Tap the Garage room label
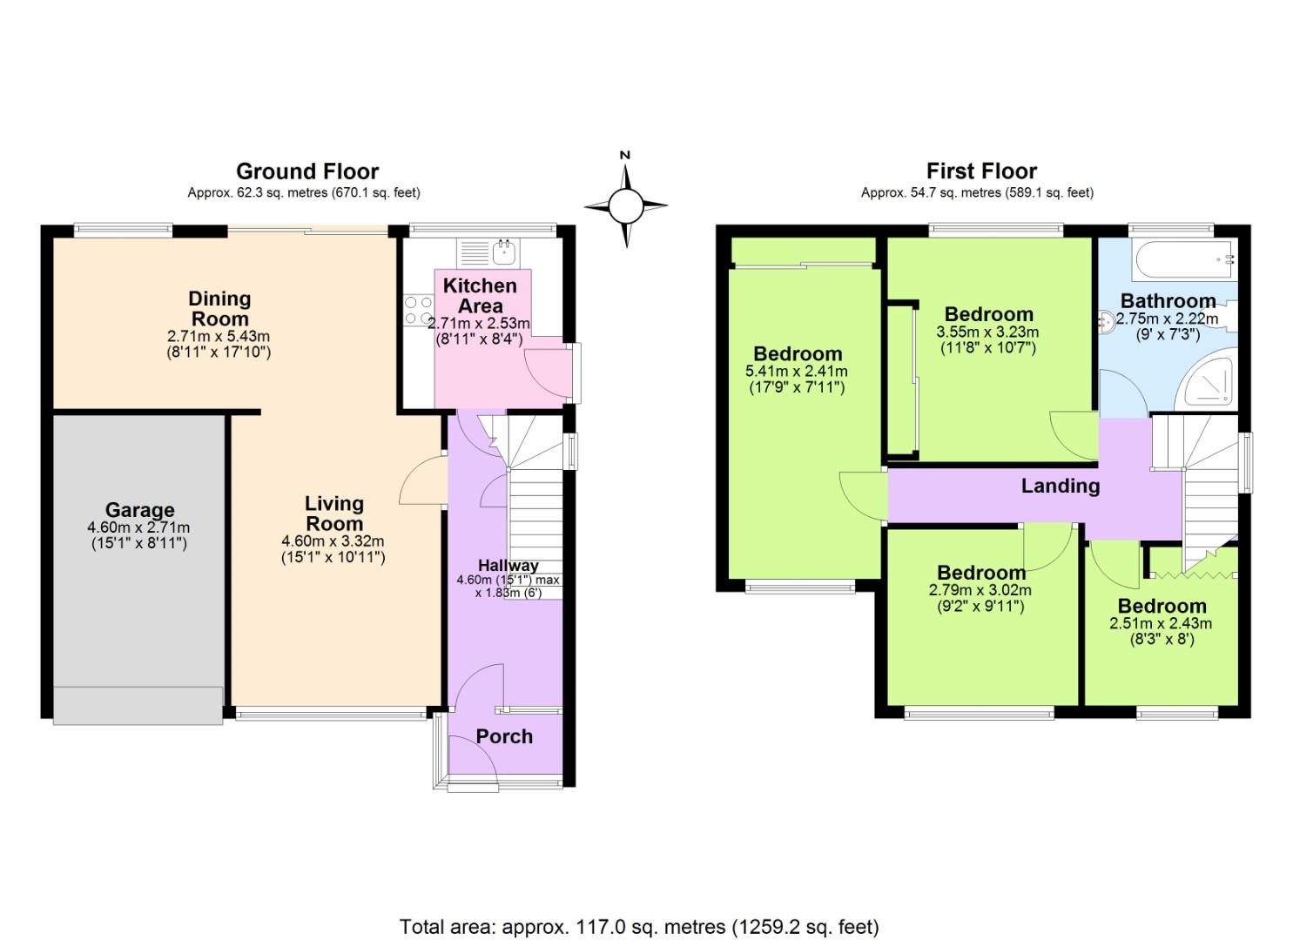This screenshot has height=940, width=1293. coord(139,510)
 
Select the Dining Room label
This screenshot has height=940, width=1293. coord(219,309)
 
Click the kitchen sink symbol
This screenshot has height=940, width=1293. coord(504,252)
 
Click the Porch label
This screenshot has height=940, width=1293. coord(504,736)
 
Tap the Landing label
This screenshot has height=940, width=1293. coord(1060,486)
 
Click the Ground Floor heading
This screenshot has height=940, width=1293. coord(307,171)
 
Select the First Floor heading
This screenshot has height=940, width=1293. coord(981,171)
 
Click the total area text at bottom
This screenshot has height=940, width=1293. coord(639,926)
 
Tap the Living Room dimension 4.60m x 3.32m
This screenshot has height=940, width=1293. coord(333,541)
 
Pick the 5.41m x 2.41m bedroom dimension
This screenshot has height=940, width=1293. coord(797,372)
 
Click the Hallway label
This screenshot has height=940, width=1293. coord(508,566)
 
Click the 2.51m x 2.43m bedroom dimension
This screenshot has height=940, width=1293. coord(1161,623)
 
